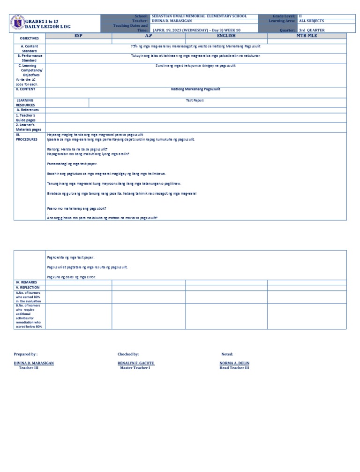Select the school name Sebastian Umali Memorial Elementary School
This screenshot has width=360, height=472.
[199, 16]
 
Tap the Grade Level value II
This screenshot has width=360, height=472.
[300, 16]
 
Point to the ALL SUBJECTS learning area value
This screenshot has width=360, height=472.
[311, 21]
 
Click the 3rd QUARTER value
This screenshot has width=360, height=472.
[312, 30]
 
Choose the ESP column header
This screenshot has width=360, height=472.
[78, 35]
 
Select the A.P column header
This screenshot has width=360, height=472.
[148, 35]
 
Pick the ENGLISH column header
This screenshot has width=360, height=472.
[226, 35]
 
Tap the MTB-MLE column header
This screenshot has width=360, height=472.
[307, 35]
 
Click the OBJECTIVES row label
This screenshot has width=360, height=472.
[30, 37]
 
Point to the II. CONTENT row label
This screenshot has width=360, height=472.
[26, 89]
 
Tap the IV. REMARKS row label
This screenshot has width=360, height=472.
[26, 282]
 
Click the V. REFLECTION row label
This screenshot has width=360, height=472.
[28, 287]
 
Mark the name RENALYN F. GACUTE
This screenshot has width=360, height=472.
[136, 363]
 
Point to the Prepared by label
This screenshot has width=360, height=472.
[26, 354]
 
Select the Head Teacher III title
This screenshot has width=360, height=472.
[234, 368]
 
